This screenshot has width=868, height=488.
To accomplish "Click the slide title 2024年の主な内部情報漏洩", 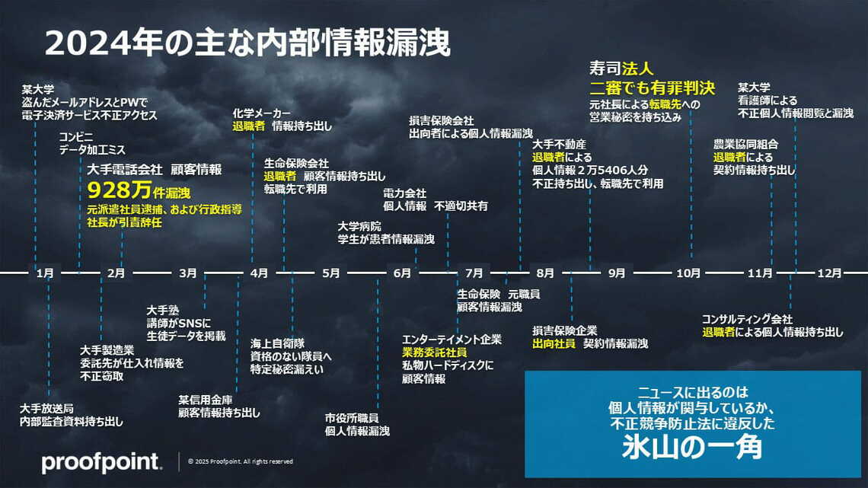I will (247, 43).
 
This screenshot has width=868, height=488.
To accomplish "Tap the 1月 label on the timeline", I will (45, 273).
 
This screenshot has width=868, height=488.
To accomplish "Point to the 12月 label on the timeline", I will (829, 273).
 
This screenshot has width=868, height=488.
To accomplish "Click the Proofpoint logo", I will (101, 461).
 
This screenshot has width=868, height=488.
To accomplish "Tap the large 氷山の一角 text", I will (691, 447).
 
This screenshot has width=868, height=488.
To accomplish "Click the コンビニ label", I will (77, 137).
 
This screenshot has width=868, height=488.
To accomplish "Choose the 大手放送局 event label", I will (47, 407).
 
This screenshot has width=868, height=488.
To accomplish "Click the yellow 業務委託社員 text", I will (435, 352).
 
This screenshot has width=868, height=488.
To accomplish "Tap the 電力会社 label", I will (404, 193).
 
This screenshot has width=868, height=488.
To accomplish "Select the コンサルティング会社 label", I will (747, 319).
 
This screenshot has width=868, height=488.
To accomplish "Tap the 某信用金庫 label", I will (206, 399).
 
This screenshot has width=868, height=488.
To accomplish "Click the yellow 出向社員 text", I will (555, 343).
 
